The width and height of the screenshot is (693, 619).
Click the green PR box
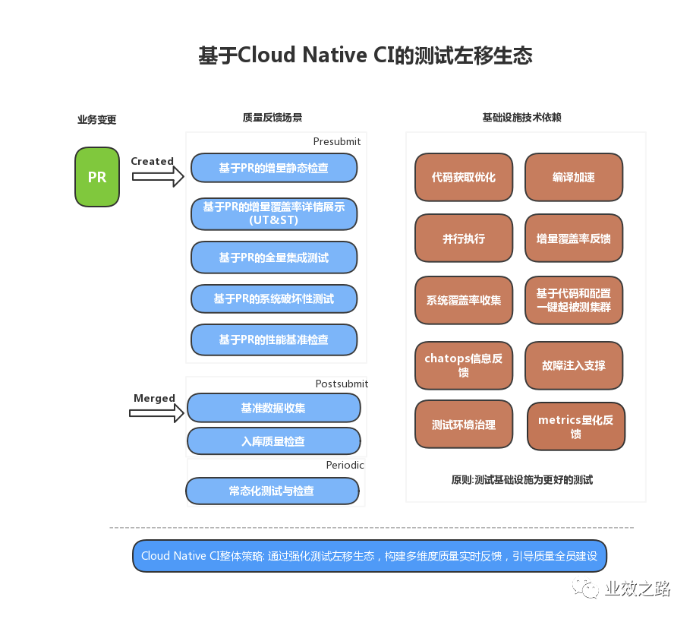[x=97, y=177]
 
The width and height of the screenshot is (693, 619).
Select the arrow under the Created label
[x=158, y=176]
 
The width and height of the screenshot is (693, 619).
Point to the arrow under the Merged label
[x=156, y=413]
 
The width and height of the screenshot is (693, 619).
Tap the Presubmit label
[x=337, y=141]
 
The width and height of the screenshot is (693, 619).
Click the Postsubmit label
[x=342, y=384]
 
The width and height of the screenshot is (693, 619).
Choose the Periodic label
[x=345, y=465]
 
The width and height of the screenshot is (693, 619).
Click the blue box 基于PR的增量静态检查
[x=274, y=168]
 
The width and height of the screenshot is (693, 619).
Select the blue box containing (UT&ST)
[x=274, y=214]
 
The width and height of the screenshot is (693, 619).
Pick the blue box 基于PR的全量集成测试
[x=274, y=257]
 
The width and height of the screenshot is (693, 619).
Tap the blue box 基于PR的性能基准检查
[x=274, y=340]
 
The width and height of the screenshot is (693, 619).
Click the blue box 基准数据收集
[x=273, y=408]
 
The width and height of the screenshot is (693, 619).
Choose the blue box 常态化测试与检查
[x=272, y=491]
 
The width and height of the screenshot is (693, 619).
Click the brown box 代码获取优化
[x=464, y=177]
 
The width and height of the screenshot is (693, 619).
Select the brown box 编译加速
[x=574, y=177]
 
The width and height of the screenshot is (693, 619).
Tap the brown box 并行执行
[x=464, y=238]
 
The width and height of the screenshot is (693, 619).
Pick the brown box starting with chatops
[x=464, y=365]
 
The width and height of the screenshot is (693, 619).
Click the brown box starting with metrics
[x=576, y=426]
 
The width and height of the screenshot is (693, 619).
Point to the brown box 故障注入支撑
[x=574, y=365]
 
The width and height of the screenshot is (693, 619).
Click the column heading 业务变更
[x=97, y=120]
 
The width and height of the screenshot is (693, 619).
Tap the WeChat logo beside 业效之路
[x=585, y=588]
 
